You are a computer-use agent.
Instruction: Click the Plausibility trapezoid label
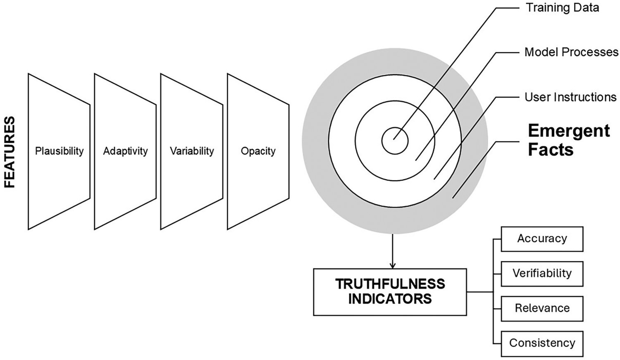coord(59,151)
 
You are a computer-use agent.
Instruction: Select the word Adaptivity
coord(125,151)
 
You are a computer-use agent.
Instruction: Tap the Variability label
coord(192,151)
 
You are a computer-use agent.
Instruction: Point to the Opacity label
coord(258,151)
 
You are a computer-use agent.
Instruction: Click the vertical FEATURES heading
coord(10,152)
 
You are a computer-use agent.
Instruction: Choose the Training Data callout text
coord(562,8)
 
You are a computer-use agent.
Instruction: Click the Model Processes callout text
coord(571,52)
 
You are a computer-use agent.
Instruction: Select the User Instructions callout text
coord(570,97)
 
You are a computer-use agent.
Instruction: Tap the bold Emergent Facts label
coord(569,140)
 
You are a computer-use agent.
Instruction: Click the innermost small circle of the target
coord(395,141)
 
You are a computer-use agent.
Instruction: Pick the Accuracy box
coord(542,239)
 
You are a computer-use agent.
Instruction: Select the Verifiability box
coord(542,274)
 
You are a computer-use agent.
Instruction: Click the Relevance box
coord(542,308)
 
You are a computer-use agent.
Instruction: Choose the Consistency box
coord(542,343)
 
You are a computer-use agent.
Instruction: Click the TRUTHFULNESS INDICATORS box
coord(390,292)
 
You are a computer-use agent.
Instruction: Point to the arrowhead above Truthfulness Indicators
coord(393,265)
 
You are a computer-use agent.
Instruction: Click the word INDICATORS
coord(390,299)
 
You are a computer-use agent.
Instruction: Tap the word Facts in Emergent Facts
coord(551,149)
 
